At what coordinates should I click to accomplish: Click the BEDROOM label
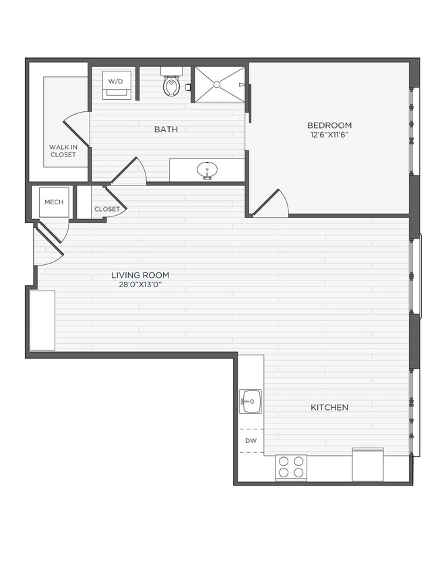pos(329,125)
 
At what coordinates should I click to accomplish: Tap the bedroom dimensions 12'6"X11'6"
pos(329,135)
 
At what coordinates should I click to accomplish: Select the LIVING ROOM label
pos(140,275)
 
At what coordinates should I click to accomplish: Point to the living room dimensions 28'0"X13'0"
pos(140,284)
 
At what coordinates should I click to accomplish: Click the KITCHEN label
pos(329,407)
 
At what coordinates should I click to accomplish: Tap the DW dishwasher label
pos(251,441)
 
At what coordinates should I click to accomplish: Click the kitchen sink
pos(251,402)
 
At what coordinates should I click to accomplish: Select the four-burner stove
pos(291,467)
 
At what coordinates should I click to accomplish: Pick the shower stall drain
pos(217,85)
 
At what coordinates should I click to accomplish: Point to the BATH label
pos(166,129)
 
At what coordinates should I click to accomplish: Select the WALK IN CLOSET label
pos(63,151)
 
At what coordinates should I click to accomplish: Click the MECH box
pos(53,202)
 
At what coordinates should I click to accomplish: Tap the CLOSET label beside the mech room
pos(106,209)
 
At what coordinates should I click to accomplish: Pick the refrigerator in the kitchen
pos(368,465)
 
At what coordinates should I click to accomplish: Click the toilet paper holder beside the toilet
pos(188,86)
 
